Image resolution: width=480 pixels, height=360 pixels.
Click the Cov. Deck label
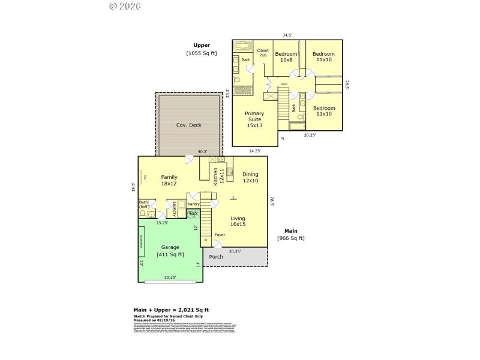tap(188, 125)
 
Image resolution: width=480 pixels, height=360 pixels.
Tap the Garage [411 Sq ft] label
tap(170, 251)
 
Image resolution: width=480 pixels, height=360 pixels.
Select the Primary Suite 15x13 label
tap(255, 119)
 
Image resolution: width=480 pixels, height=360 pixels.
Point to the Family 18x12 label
tap(169, 181)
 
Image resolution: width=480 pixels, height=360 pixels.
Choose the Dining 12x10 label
tap(250, 178)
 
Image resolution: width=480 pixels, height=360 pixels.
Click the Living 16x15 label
tap(238, 221)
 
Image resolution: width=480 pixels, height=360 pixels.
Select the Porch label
tap(216, 257)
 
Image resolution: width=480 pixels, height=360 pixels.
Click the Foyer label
tap(220, 235)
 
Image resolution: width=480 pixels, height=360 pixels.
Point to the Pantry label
tap(194, 204)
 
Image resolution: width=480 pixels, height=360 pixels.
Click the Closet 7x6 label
tap(263, 53)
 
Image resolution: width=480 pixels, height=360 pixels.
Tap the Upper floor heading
tap(202, 45)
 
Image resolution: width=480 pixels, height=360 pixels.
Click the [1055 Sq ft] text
tap(202, 53)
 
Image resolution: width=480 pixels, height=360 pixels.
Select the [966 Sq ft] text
tap(291, 238)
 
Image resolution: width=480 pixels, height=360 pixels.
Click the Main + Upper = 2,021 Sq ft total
tap(171, 310)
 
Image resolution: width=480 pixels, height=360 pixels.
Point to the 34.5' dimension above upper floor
tap(287, 35)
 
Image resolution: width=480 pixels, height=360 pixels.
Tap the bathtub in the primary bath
tap(244, 46)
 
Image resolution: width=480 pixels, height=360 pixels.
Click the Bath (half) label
tap(144, 205)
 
